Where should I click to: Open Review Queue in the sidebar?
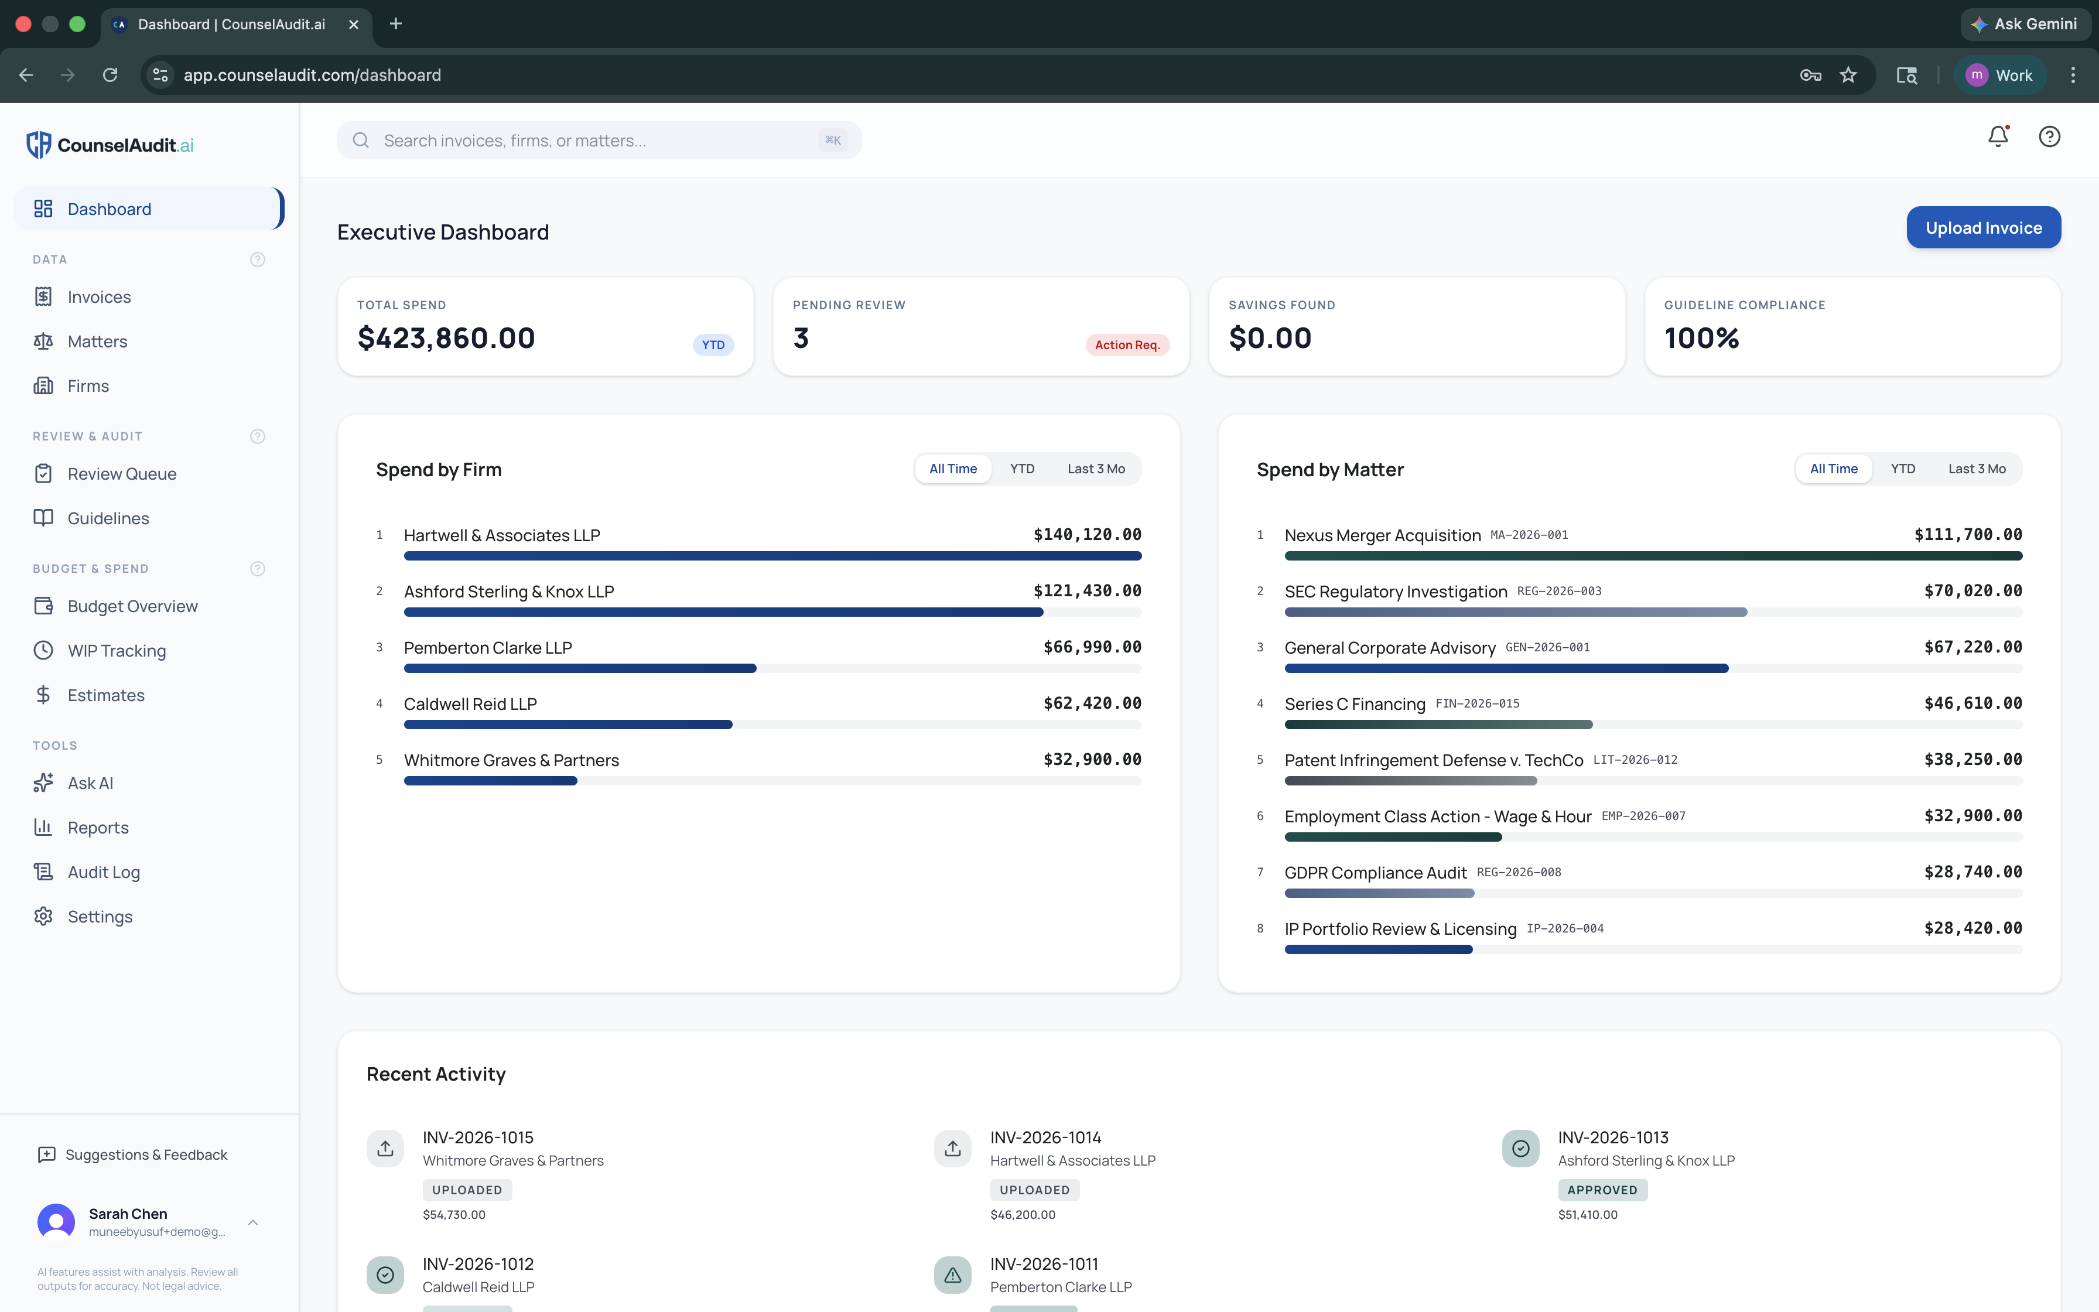pos(121,474)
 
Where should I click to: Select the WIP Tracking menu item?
pos(116,651)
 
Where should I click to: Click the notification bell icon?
pos(1998,136)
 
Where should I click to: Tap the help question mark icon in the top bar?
pos(2049,136)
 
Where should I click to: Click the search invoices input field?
pos(599,141)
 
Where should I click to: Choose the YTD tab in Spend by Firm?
pos(1022,469)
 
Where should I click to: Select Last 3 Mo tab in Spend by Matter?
pos(1976,469)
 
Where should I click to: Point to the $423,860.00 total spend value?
pos(446,337)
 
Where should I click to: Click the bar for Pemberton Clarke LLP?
pos(579,668)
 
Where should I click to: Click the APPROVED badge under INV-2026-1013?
pos(1602,1190)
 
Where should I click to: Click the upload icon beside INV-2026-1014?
pos(952,1148)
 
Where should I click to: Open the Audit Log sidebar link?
pos(103,872)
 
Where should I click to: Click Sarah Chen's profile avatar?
pos(56,1222)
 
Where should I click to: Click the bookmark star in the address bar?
pos(1848,76)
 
